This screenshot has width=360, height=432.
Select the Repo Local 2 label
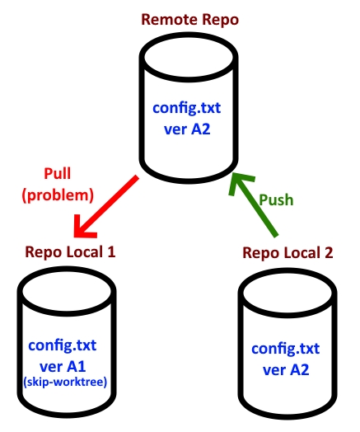289,252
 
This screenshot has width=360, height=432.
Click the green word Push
277,200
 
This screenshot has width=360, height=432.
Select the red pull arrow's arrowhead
82,224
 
